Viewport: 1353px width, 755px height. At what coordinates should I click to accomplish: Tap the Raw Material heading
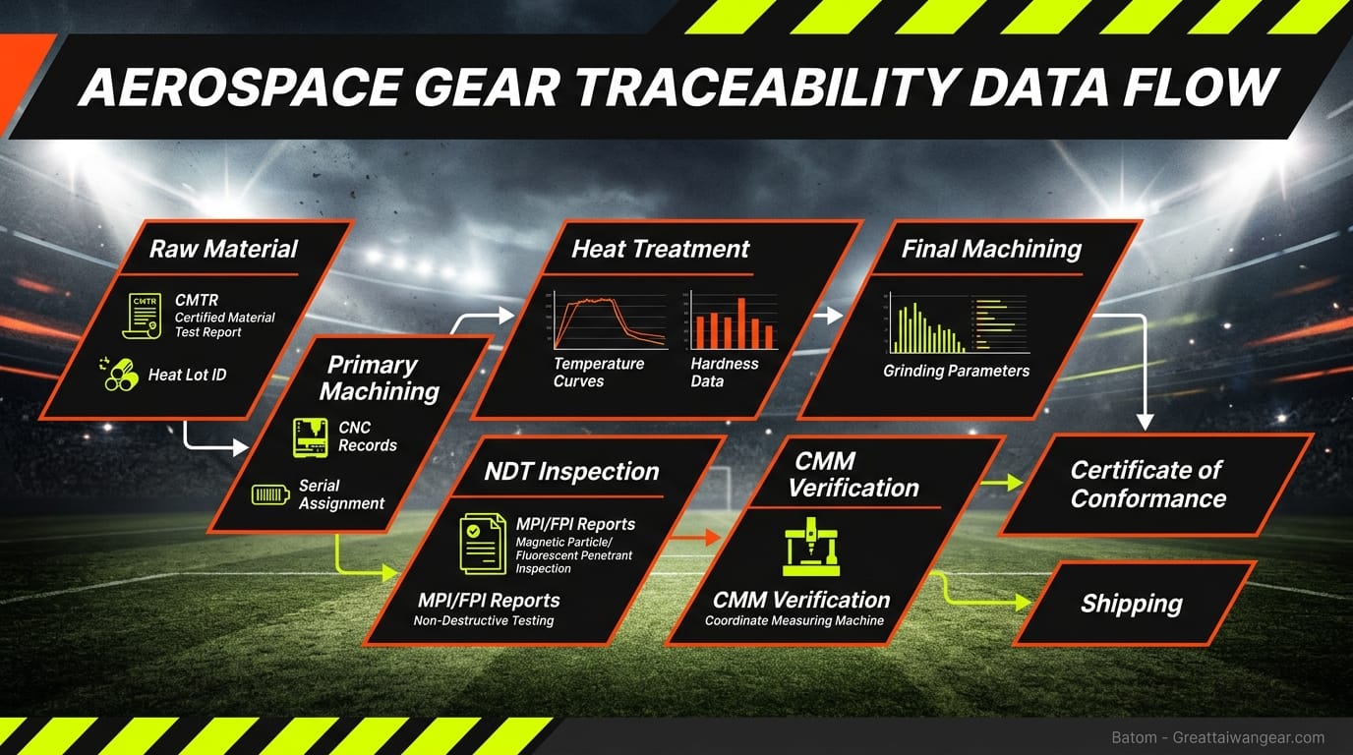tap(223, 249)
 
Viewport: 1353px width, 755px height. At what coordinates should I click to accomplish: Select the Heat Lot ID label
tap(187, 375)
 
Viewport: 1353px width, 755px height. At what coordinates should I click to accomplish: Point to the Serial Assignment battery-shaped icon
tap(269, 494)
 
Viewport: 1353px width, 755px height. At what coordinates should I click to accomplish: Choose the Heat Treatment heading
tap(661, 249)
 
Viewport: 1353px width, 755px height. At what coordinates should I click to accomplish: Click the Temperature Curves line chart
tap(610, 320)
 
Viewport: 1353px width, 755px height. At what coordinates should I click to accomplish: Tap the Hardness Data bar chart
tap(734, 320)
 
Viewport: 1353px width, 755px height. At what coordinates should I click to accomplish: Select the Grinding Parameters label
tap(956, 371)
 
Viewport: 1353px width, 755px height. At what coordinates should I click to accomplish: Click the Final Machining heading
tap(991, 249)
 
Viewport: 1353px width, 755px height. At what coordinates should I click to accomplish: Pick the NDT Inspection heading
tap(571, 471)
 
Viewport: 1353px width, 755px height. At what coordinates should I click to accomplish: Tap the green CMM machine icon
tap(811, 545)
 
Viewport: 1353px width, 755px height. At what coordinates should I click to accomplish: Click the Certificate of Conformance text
tap(1147, 485)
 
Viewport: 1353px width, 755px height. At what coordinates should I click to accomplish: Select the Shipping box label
tap(1131, 604)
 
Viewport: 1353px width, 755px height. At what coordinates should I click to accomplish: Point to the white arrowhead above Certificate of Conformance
tap(1145, 422)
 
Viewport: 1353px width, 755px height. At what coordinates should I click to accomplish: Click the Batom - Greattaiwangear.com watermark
tap(1217, 737)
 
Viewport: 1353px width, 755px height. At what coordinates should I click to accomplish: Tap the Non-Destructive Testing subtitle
tap(484, 620)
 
